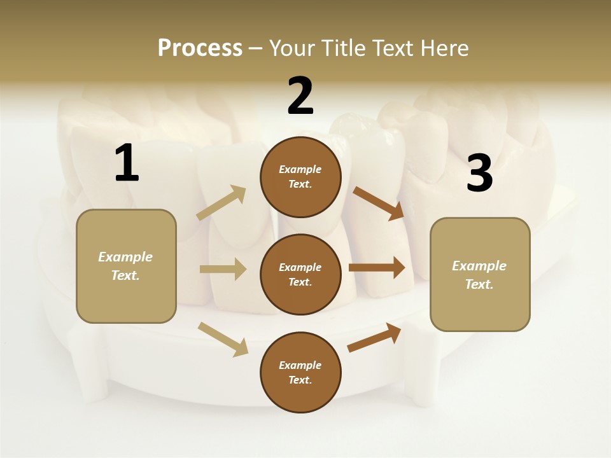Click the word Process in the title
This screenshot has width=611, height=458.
tap(200, 48)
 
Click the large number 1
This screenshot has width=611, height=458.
tap(127, 163)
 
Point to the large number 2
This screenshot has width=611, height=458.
tap(300, 96)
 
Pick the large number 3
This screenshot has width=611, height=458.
tap(479, 174)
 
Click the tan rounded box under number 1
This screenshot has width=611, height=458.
tap(126, 266)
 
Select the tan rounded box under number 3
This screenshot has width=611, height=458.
tap(480, 275)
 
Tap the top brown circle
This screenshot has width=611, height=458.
tap(300, 177)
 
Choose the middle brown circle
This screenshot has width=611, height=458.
tap(300, 274)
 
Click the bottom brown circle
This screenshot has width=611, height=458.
tap(300, 372)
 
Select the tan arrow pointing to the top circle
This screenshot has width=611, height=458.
tap(221, 203)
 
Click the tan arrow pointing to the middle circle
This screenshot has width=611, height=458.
tap(223, 269)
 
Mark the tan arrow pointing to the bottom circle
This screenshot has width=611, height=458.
tap(223, 339)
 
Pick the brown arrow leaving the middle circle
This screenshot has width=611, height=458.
tap(377, 267)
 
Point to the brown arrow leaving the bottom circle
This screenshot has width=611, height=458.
tap(374, 337)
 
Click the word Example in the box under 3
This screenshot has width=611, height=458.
tap(479, 266)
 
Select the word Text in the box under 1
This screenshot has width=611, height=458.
tap(125, 275)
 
